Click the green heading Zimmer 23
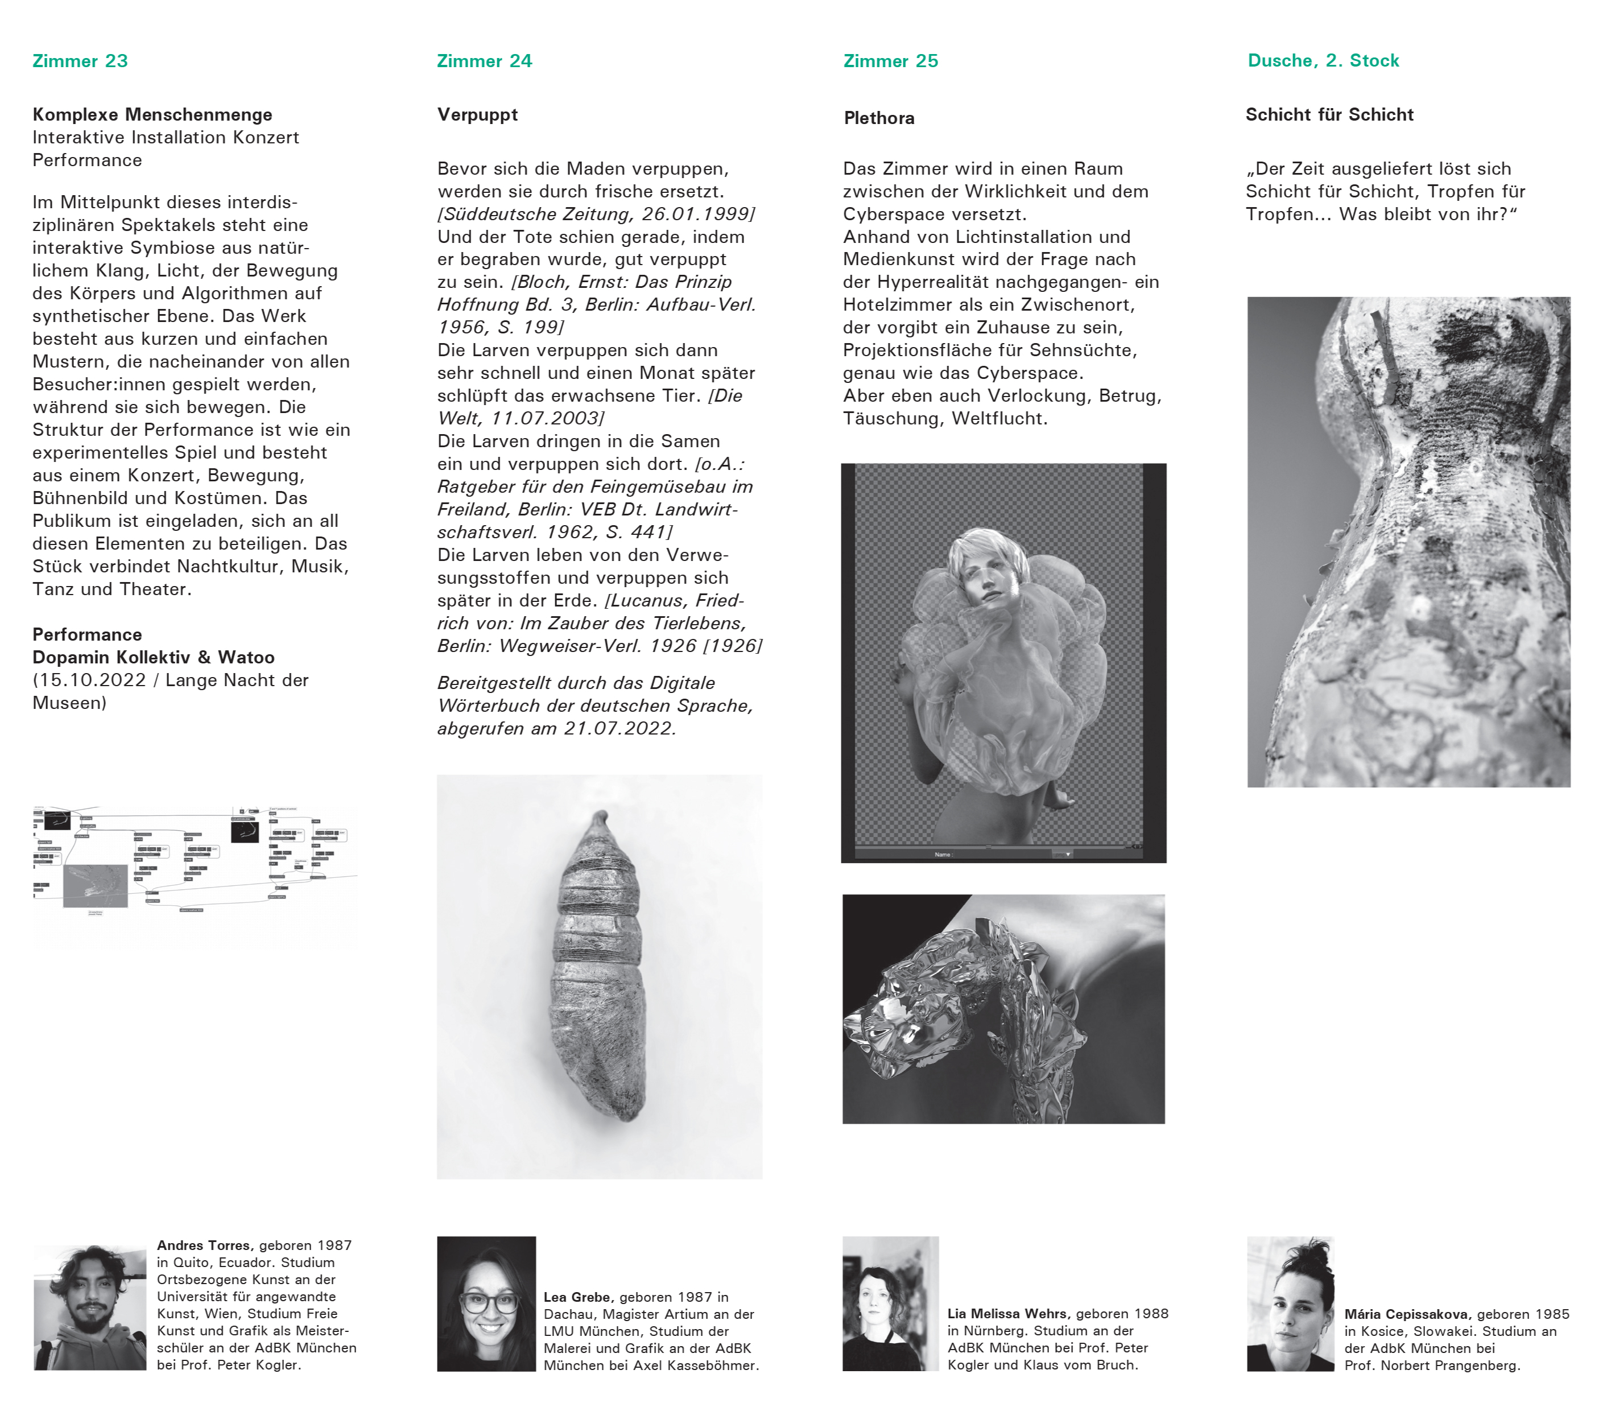(80, 61)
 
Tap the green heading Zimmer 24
(484, 61)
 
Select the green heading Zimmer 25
(890, 61)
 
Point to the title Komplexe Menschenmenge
(152, 115)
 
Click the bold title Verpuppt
(477, 115)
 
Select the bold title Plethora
(879, 118)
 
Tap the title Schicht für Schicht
(1329, 115)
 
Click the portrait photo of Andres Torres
(90, 1307)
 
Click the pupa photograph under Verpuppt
(599, 976)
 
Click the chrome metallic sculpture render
(1003, 1009)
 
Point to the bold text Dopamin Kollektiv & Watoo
(154, 658)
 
